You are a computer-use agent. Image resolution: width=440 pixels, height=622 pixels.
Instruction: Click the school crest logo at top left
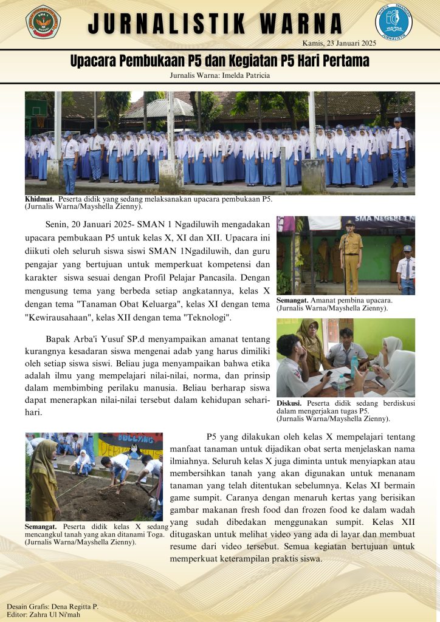tap(43, 22)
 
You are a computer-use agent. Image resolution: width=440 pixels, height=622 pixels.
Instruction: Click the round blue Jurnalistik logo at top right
tap(393, 21)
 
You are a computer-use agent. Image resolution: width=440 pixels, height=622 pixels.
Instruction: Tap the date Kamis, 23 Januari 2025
tap(339, 43)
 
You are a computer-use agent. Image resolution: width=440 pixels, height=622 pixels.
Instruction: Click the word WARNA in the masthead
tap(302, 24)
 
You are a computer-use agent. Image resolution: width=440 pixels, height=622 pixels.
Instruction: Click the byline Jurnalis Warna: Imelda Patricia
tap(220, 75)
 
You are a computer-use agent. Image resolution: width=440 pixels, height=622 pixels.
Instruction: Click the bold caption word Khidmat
tap(40, 199)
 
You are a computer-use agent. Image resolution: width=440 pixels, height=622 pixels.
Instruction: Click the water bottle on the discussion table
tap(354, 367)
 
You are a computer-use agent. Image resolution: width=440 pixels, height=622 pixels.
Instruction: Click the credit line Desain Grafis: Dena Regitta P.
tap(52, 606)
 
